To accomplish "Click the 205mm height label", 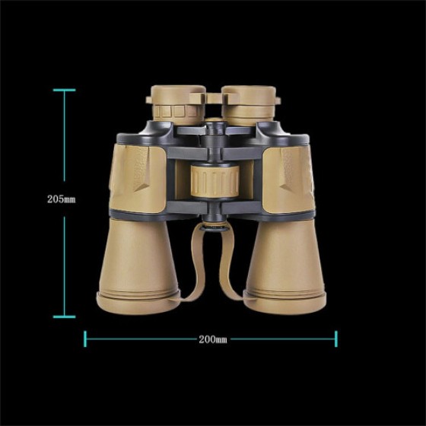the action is point(62,199).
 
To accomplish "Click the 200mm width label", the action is point(213,339).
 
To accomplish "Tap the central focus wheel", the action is point(215,181).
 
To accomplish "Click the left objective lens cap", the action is point(138,303).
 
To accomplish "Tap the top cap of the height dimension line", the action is point(64,90).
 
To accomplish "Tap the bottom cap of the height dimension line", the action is point(64,316).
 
